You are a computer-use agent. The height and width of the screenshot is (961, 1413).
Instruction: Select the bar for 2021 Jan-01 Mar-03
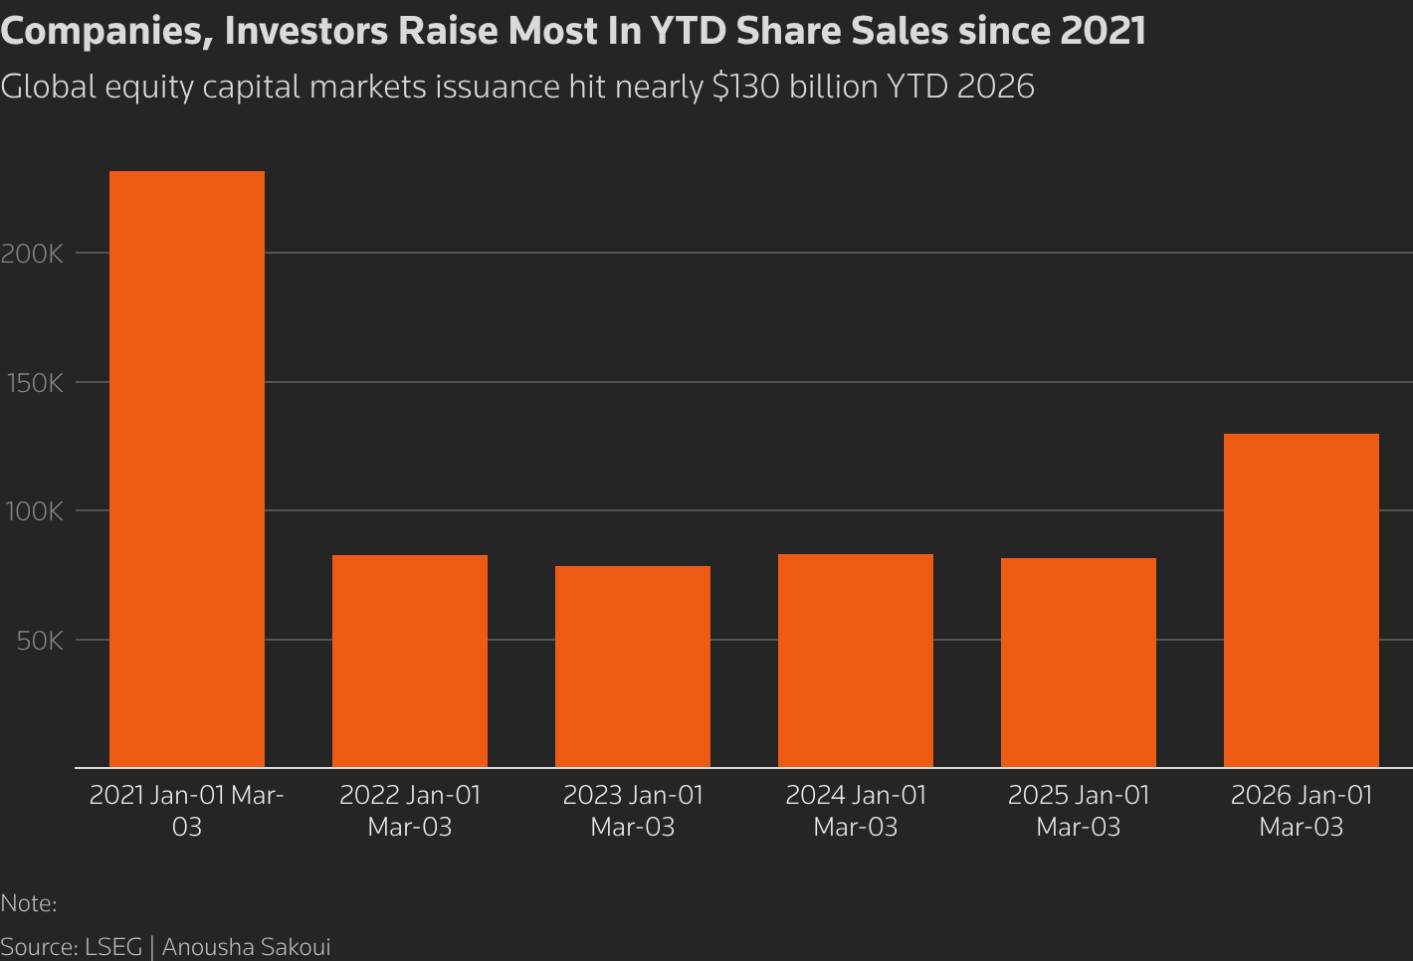pos(187,469)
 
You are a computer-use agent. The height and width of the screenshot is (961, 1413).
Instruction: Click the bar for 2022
pos(410,661)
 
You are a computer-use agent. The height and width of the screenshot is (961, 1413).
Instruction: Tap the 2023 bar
pos(633,667)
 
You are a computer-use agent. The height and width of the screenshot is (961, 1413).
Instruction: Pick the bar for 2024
pos(856,661)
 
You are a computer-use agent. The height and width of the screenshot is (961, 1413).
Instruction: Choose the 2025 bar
pos(1079,663)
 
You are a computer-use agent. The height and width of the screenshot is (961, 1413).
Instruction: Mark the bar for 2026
pos(1302,600)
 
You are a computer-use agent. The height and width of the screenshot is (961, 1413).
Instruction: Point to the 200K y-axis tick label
pos(32,254)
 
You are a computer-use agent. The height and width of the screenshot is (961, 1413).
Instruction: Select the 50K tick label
pos(40,641)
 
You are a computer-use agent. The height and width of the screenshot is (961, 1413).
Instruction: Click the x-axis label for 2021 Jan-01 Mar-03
pos(187,811)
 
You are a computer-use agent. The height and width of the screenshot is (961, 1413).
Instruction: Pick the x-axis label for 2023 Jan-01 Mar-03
pos(633,811)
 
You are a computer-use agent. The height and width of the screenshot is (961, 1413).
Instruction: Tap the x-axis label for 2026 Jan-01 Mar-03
pos(1302,811)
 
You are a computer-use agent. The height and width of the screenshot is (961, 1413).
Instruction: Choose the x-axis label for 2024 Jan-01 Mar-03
pos(856,811)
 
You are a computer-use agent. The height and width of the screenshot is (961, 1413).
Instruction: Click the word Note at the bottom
pos(26,903)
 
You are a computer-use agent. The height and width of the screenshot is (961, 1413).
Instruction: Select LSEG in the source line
pos(113,946)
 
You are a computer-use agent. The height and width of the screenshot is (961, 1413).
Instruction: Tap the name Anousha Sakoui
pos(246,946)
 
